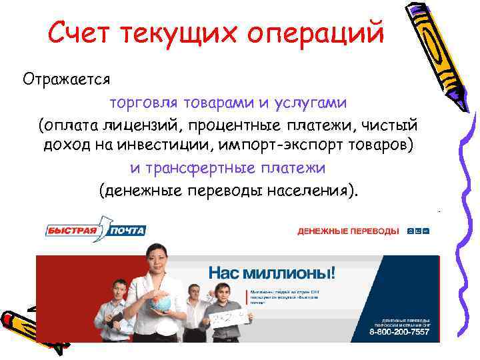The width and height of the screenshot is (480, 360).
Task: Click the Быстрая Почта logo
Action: tap(95, 228)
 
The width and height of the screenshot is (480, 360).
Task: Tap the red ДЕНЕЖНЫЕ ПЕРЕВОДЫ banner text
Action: tap(348, 231)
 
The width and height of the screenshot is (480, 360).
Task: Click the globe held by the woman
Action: tap(162, 301)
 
